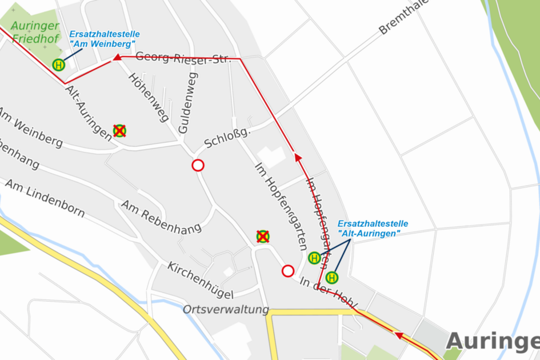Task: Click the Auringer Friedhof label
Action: click(x=35, y=32)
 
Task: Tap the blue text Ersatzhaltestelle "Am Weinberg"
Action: click(x=105, y=38)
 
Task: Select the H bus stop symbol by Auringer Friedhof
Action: click(x=58, y=65)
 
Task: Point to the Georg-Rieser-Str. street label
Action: click(x=183, y=58)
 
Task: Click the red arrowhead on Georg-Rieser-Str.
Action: click(x=117, y=57)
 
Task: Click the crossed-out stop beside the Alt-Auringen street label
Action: click(x=119, y=131)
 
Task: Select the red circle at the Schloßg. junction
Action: click(x=198, y=166)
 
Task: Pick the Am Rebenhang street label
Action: click(x=161, y=217)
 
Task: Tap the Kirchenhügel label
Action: click(x=201, y=281)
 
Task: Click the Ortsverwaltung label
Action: click(x=226, y=310)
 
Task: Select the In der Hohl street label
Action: click(x=328, y=293)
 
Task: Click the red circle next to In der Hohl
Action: click(x=288, y=271)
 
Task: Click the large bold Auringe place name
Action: click(x=492, y=341)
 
